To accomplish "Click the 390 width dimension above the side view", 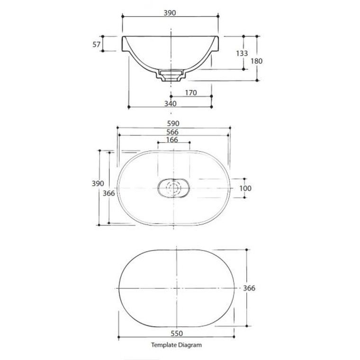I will [170, 13].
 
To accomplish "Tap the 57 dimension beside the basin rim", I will [96, 45].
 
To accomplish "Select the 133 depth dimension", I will [242, 54].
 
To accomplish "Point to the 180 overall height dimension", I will [256, 61].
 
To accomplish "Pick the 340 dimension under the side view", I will [170, 104].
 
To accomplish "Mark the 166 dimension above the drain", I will [172, 140].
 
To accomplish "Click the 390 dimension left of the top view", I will [96, 183].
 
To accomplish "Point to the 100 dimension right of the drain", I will [245, 188].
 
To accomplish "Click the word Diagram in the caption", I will [190, 345].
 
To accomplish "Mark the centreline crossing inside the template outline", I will [176, 288].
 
